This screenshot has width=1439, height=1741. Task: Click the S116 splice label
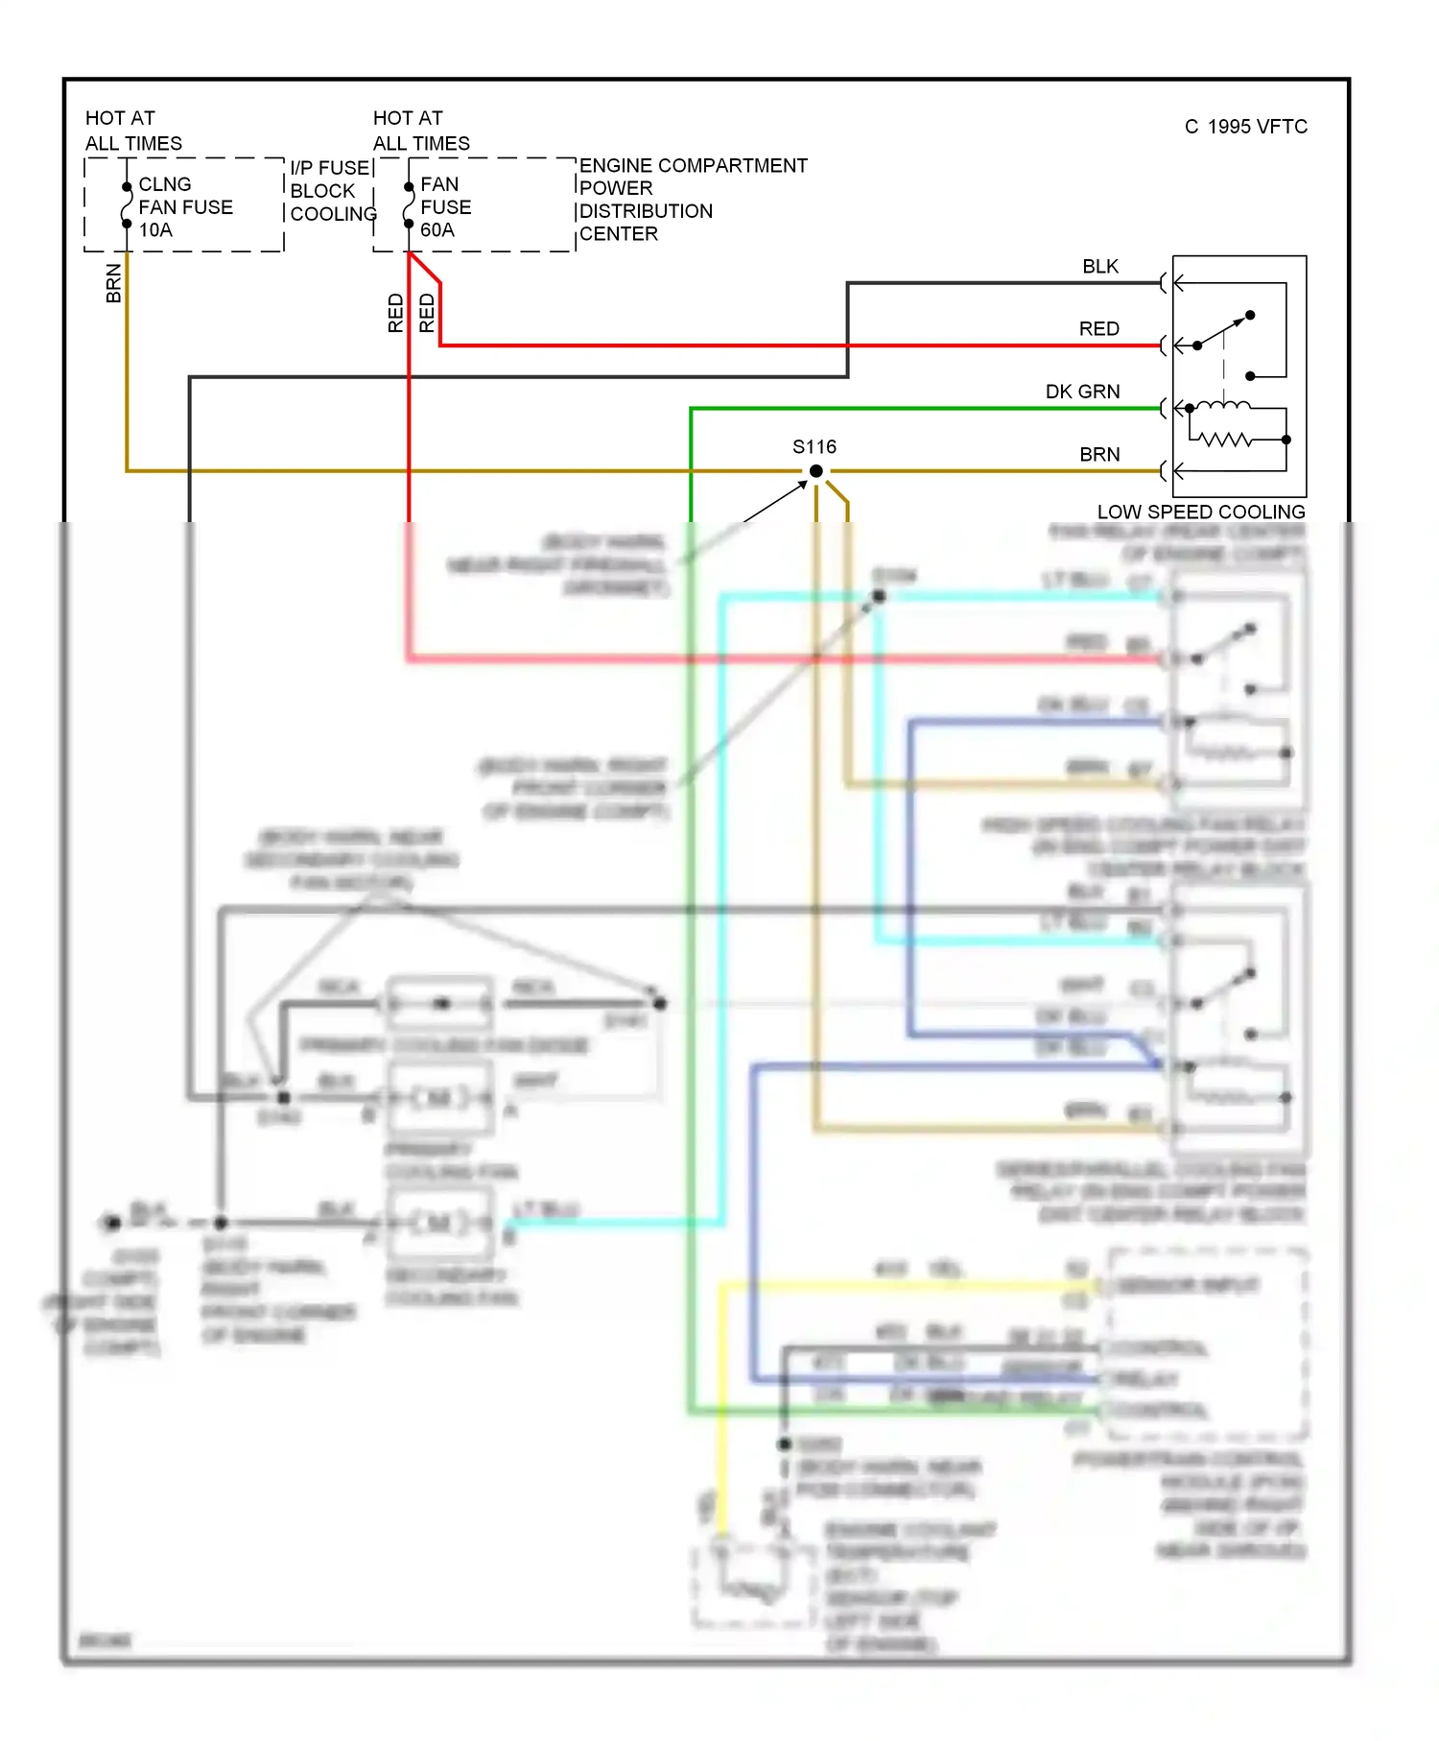(814, 447)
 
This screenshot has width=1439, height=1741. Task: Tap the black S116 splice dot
(815, 471)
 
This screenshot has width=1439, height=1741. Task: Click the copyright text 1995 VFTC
(1245, 127)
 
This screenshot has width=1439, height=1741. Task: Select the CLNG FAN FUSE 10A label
(184, 207)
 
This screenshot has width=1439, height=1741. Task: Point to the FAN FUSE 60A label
(445, 207)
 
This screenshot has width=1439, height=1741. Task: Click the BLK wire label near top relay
(1099, 267)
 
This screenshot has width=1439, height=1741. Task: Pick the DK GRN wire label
(1082, 392)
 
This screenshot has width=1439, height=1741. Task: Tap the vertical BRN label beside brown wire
(114, 284)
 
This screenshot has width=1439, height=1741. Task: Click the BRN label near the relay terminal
(1099, 455)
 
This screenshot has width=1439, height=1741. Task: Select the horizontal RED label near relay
(1098, 329)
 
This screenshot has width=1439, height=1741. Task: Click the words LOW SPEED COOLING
(1200, 513)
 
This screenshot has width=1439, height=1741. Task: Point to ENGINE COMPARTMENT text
(693, 166)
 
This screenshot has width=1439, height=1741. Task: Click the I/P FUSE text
(329, 168)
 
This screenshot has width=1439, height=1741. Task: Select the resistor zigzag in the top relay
(1227, 440)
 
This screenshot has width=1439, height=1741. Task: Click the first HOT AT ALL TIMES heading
(132, 131)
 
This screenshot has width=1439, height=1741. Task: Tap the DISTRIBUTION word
(646, 211)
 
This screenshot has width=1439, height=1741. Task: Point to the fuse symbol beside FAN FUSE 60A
(409, 205)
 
